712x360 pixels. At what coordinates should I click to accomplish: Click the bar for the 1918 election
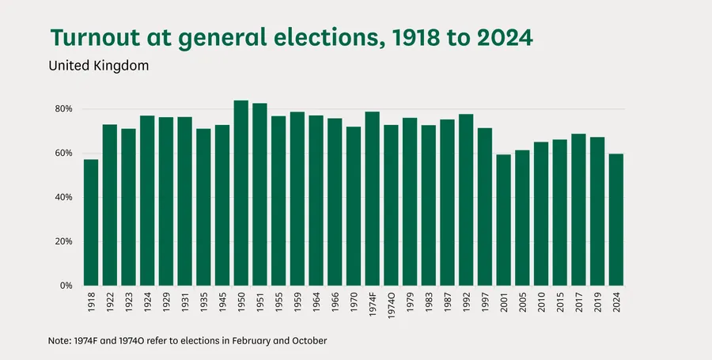tap(91, 222)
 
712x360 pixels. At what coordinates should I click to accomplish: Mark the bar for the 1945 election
tap(222, 205)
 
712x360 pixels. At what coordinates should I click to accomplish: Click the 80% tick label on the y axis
tap(63, 109)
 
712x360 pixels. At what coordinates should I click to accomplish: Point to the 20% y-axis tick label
tap(63, 241)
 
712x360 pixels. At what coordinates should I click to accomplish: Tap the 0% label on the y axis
tap(66, 286)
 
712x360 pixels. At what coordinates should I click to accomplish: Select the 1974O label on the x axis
tap(392, 305)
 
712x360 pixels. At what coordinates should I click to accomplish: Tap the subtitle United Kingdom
tap(99, 66)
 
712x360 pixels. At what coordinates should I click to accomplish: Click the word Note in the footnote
tap(60, 341)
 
